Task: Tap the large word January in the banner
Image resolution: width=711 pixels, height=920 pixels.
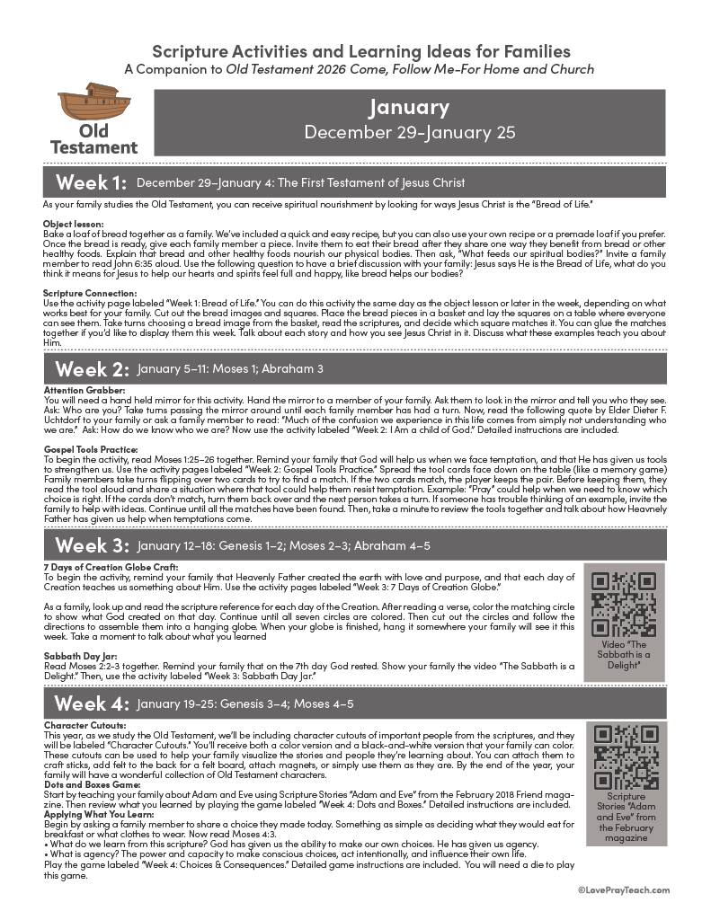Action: point(409,107)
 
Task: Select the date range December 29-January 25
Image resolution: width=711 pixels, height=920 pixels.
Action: point(409,132)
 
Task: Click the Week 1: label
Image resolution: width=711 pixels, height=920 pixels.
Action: point(91,183)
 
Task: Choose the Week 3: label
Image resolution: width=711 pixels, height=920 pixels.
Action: point(91,546)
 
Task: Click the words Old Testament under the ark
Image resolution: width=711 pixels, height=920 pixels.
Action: point(93,137)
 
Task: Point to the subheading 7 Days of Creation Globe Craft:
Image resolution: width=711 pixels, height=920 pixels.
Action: point(111,567)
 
